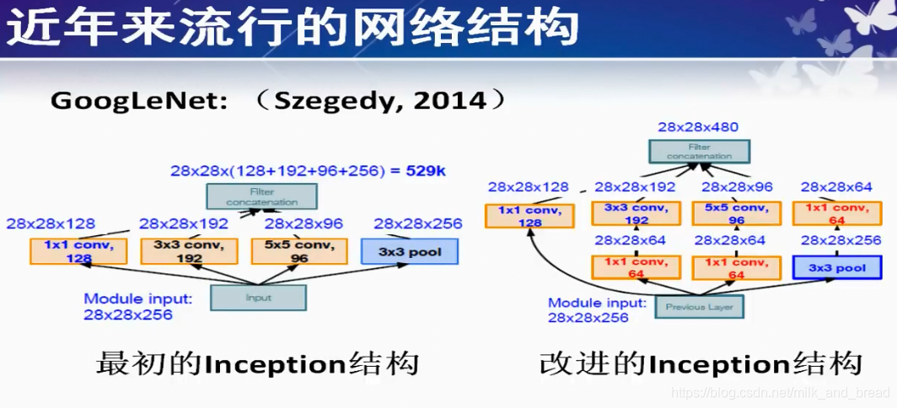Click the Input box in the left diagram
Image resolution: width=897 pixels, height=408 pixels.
(258, 298)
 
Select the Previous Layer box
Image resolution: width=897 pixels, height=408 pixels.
(699, 307)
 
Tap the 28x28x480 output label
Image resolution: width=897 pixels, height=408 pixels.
(698, 128)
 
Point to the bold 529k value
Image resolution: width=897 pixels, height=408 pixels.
(426, 171)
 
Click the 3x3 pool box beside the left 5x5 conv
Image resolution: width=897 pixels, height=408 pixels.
(409, 252)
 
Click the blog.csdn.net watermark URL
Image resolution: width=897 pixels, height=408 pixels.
(780, 393)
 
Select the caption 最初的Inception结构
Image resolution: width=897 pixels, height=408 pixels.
(258, 365)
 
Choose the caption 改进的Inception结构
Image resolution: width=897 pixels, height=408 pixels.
(701, 365)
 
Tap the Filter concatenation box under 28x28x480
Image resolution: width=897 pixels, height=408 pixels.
(699, 152)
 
